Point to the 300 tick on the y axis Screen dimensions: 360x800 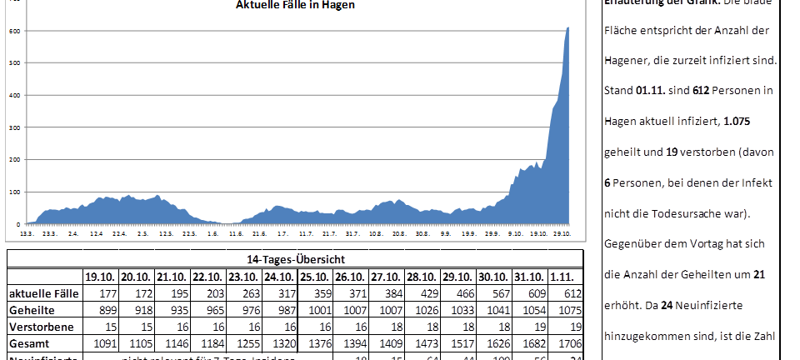point(14,127)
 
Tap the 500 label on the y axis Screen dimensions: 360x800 point(14,63)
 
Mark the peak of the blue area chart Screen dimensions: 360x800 point(568,28)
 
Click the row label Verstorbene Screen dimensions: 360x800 point(41,327)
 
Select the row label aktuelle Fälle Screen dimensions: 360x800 point(44,293)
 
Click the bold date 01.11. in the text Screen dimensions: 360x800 point(651,90)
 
